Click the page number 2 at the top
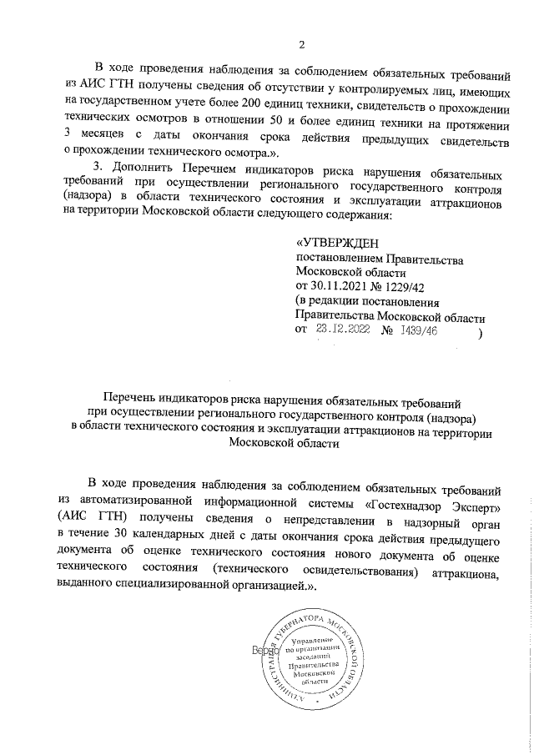point(304,44)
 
